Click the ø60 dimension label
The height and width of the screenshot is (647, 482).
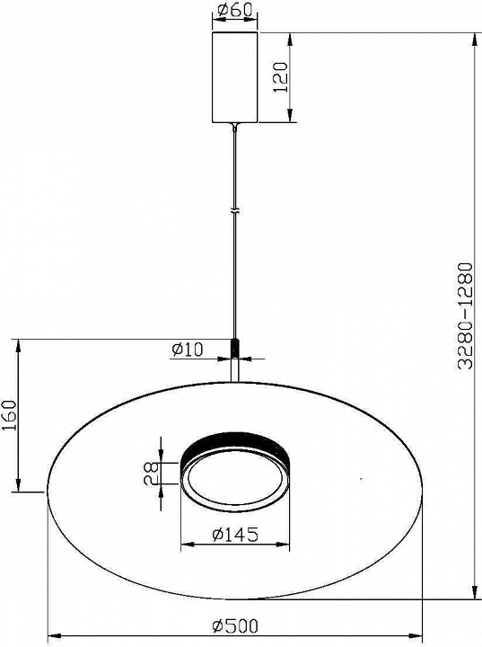coord(235,13)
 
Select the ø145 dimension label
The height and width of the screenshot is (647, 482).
coord(236,535)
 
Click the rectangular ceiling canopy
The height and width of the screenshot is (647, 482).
coord(235,77)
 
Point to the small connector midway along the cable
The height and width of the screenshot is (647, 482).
coord(235,211)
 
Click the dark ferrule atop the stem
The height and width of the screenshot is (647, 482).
coord(235,347)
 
